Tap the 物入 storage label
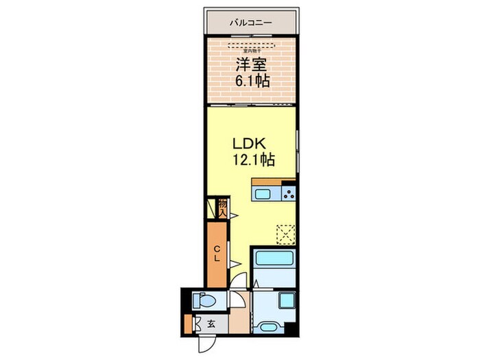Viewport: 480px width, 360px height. coord(222,207)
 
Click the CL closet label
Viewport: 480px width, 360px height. coord(216,253)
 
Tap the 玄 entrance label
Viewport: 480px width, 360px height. coord(212,325)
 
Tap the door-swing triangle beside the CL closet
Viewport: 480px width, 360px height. coord(234,265)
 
